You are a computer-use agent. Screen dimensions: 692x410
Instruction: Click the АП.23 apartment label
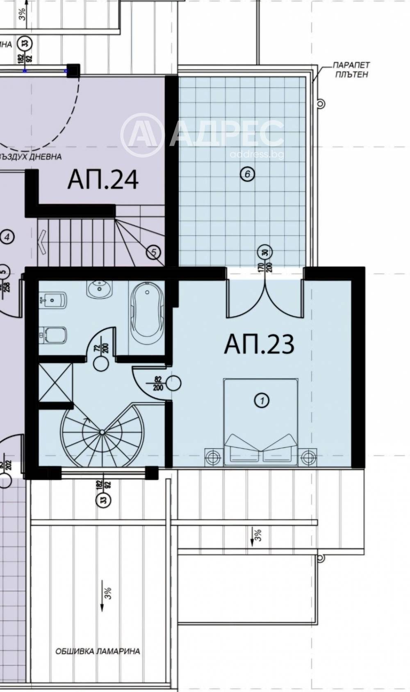coord(259,345)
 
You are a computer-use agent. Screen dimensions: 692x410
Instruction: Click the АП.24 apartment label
coord(103,180)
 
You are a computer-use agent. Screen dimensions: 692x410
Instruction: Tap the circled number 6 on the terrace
coord(247,174)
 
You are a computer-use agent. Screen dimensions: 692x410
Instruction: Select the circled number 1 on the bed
coord(262,400)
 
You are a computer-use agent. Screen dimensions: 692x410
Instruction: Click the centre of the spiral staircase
coord(102,432)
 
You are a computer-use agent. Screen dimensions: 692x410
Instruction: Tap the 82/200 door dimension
coord(158,384)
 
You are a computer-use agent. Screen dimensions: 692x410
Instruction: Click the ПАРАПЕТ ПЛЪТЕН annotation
coord(351,70)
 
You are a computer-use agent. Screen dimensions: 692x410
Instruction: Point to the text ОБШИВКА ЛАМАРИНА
coord(98,651)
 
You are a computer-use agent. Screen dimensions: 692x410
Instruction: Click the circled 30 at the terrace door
coord(265,252)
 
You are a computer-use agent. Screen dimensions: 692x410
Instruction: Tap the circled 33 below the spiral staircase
coord(103,499)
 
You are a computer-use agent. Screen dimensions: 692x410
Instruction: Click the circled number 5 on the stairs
coord(153,252)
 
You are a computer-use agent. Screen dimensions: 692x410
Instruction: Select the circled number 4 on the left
coord(7,237)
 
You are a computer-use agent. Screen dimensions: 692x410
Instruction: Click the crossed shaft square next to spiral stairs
coord(55,381)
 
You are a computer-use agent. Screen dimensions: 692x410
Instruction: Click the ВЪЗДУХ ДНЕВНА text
coord(31,157)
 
